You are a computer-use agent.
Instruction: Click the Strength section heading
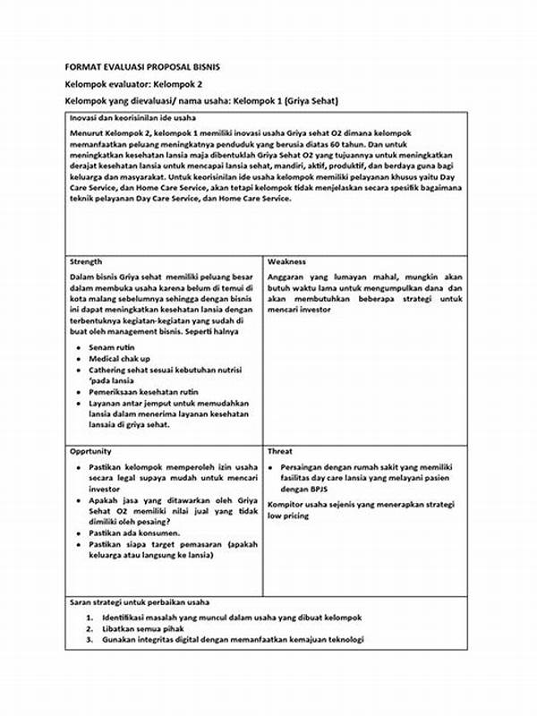click(x=86, y=262)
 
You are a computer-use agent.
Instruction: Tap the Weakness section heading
click(x=286, y=262)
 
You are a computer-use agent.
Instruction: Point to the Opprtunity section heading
click(x=91, y=452)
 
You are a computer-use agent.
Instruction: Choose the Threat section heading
click(x=280, y=452)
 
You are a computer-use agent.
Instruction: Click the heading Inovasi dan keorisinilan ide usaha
click(x=133, y=118)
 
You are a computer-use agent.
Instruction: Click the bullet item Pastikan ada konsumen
click(x=133, y=532)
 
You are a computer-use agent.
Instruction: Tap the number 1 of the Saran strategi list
click(x=89, y=618)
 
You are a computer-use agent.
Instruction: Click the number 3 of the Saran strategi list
click(x=89, y=639)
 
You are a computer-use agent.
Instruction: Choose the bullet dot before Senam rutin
click(x=80, y=345)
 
